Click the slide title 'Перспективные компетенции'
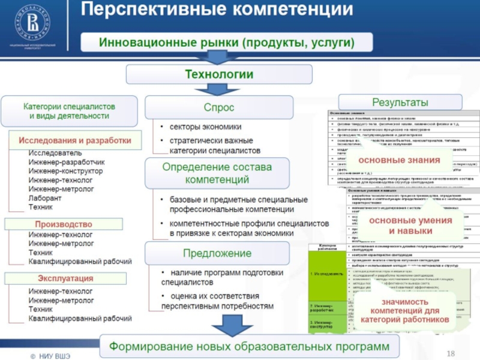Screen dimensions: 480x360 [x=217, y=10]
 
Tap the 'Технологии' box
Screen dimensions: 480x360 [x=218, y=74]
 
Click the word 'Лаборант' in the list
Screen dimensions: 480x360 [x=45, y=197]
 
